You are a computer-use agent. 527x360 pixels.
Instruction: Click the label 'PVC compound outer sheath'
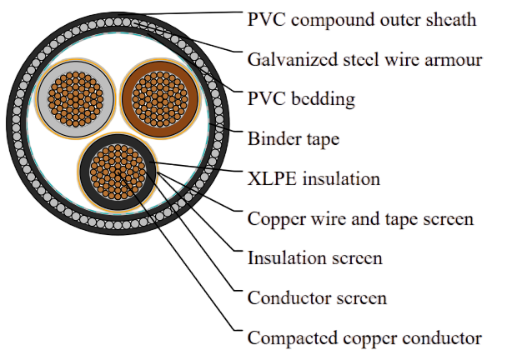tap(362, 20)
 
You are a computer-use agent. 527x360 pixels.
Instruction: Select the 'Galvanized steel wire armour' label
tap(365, 60)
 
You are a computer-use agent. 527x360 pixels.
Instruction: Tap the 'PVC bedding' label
tap(301, 99)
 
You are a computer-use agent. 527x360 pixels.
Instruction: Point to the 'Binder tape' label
tap(294, 139)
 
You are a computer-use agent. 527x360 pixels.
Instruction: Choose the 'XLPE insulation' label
tap(314, 178)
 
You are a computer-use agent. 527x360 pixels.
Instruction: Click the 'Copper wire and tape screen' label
tap(360, 219)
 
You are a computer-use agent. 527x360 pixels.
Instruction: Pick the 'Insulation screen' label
tap(315, 258)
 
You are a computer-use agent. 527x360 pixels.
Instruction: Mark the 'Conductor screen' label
tap(317, 298)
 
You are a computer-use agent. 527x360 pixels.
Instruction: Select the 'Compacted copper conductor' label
tap(364, 337)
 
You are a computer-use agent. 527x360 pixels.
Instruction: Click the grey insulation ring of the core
tap(43, 99)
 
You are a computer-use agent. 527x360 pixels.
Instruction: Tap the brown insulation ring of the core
tap(127, 99)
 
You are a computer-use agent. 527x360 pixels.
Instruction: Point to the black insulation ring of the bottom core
tap(85, 172)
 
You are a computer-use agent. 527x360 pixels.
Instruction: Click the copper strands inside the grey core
tap(76, 99)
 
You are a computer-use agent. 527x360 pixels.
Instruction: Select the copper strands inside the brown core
tap(160, 99)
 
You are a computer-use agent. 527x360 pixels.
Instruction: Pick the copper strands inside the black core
tap(118, 172)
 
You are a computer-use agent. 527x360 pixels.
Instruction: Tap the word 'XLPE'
tap(272, 178)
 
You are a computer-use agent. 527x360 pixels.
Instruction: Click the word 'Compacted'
tap(293, 337)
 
